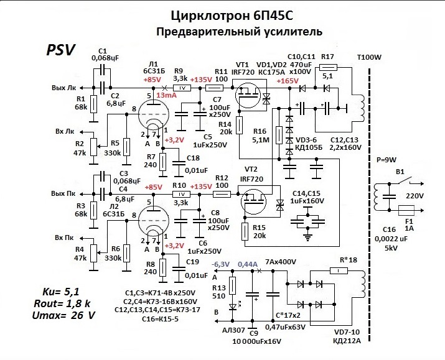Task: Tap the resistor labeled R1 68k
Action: [x=93, y=104]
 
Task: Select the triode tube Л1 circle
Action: [x=151, y=114]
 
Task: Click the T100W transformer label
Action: [x=370, y=58]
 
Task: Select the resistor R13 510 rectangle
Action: [x=232, y=285]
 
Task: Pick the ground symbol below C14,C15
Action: [x=308, y=236]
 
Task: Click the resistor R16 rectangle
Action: [x=278, y=134]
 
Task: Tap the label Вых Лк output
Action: [x=65, y=88]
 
